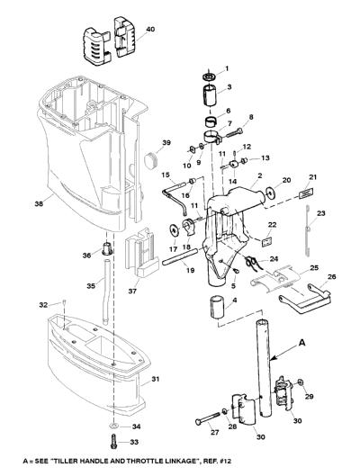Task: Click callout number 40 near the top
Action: [150, 29]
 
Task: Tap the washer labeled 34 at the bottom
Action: [113, 427]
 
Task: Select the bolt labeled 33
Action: [113, 442]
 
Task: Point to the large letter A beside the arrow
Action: [301, 343]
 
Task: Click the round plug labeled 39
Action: [151, 160]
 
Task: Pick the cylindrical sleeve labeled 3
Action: [210, 95]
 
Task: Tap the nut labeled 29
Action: [301, 382]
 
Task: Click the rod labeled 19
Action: [180, 256]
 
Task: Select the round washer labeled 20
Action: [269, 193]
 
